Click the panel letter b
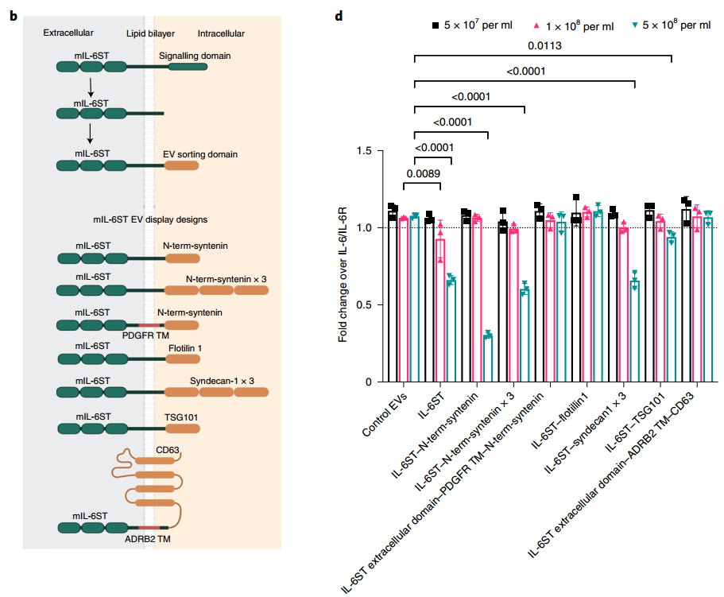[14, 16]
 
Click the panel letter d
[339, 16]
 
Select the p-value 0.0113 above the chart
[544, 46]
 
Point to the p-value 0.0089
[423, 173]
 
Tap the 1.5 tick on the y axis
[364, 151]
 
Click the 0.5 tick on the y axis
[364, 304]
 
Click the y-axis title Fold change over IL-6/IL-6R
[343, 274]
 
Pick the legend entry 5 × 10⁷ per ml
[472, 25]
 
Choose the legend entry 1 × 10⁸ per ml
[574, 26]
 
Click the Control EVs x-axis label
[385, 414]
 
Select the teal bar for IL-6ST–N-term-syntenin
[488, 359]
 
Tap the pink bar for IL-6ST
[440, 311]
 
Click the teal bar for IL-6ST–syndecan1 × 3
[634, 331]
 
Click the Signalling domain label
[195, 56]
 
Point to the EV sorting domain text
[200, 154]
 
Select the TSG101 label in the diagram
[181, 417]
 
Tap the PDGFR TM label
[145, 335]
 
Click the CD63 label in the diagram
[167, 450]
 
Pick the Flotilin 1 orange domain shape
[183, 359]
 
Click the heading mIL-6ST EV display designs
[150, 219]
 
